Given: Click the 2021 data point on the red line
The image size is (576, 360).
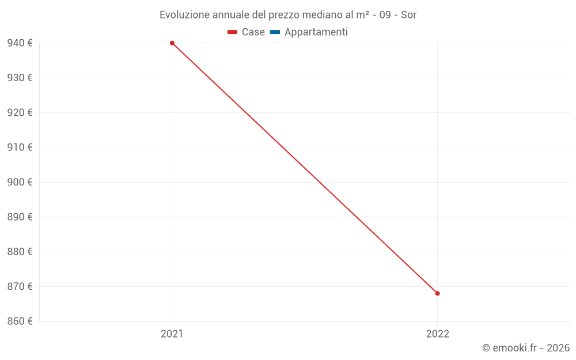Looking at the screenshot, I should coord(172,43).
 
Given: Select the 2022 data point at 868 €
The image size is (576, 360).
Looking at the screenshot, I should coord(437,294).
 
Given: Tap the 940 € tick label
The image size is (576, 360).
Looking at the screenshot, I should coord(20,43).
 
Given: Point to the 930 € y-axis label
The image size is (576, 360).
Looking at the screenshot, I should coord(20,78).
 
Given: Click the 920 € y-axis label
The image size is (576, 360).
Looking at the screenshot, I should coord(20,112).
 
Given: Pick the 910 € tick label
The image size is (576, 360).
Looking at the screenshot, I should coord(20,147).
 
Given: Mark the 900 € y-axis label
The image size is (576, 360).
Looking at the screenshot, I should coord(20,182).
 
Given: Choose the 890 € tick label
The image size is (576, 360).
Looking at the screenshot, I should coord(20,217).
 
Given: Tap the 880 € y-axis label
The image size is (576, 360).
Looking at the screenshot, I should coord(20,252).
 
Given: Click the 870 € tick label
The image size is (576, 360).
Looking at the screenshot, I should coord(20,286).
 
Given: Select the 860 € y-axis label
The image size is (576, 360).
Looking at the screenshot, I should coord(20,321).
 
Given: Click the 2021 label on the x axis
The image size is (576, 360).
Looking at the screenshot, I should coord(172,334).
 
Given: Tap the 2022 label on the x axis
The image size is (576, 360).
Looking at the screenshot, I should coord(437,334).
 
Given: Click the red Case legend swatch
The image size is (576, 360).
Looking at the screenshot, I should coord(232,32).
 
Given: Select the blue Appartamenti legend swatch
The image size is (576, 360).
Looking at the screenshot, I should coord(275,32).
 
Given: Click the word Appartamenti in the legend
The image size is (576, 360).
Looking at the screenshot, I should coord(316,32).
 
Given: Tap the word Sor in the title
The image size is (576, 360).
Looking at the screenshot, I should coord(408,15).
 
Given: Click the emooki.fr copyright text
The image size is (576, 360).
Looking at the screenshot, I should coord(526,348).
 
